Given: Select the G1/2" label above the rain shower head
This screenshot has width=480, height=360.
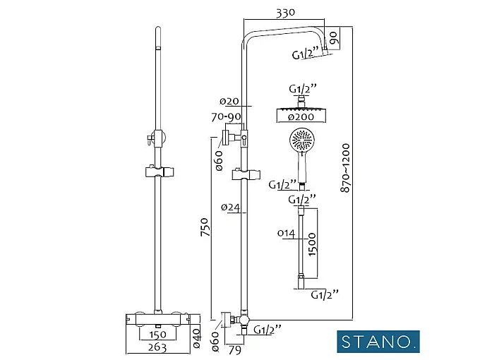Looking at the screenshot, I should point(304,90).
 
